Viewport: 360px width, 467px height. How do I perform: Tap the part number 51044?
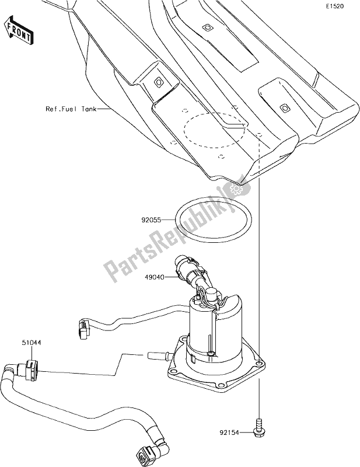point(32,343)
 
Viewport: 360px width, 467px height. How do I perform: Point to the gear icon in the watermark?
point(237,189)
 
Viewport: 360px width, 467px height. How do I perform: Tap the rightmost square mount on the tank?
point(284,107)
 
